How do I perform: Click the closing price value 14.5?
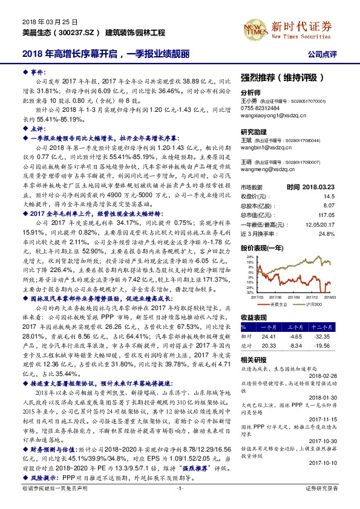click(329, 196)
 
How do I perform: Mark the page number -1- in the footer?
click(179, 503)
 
